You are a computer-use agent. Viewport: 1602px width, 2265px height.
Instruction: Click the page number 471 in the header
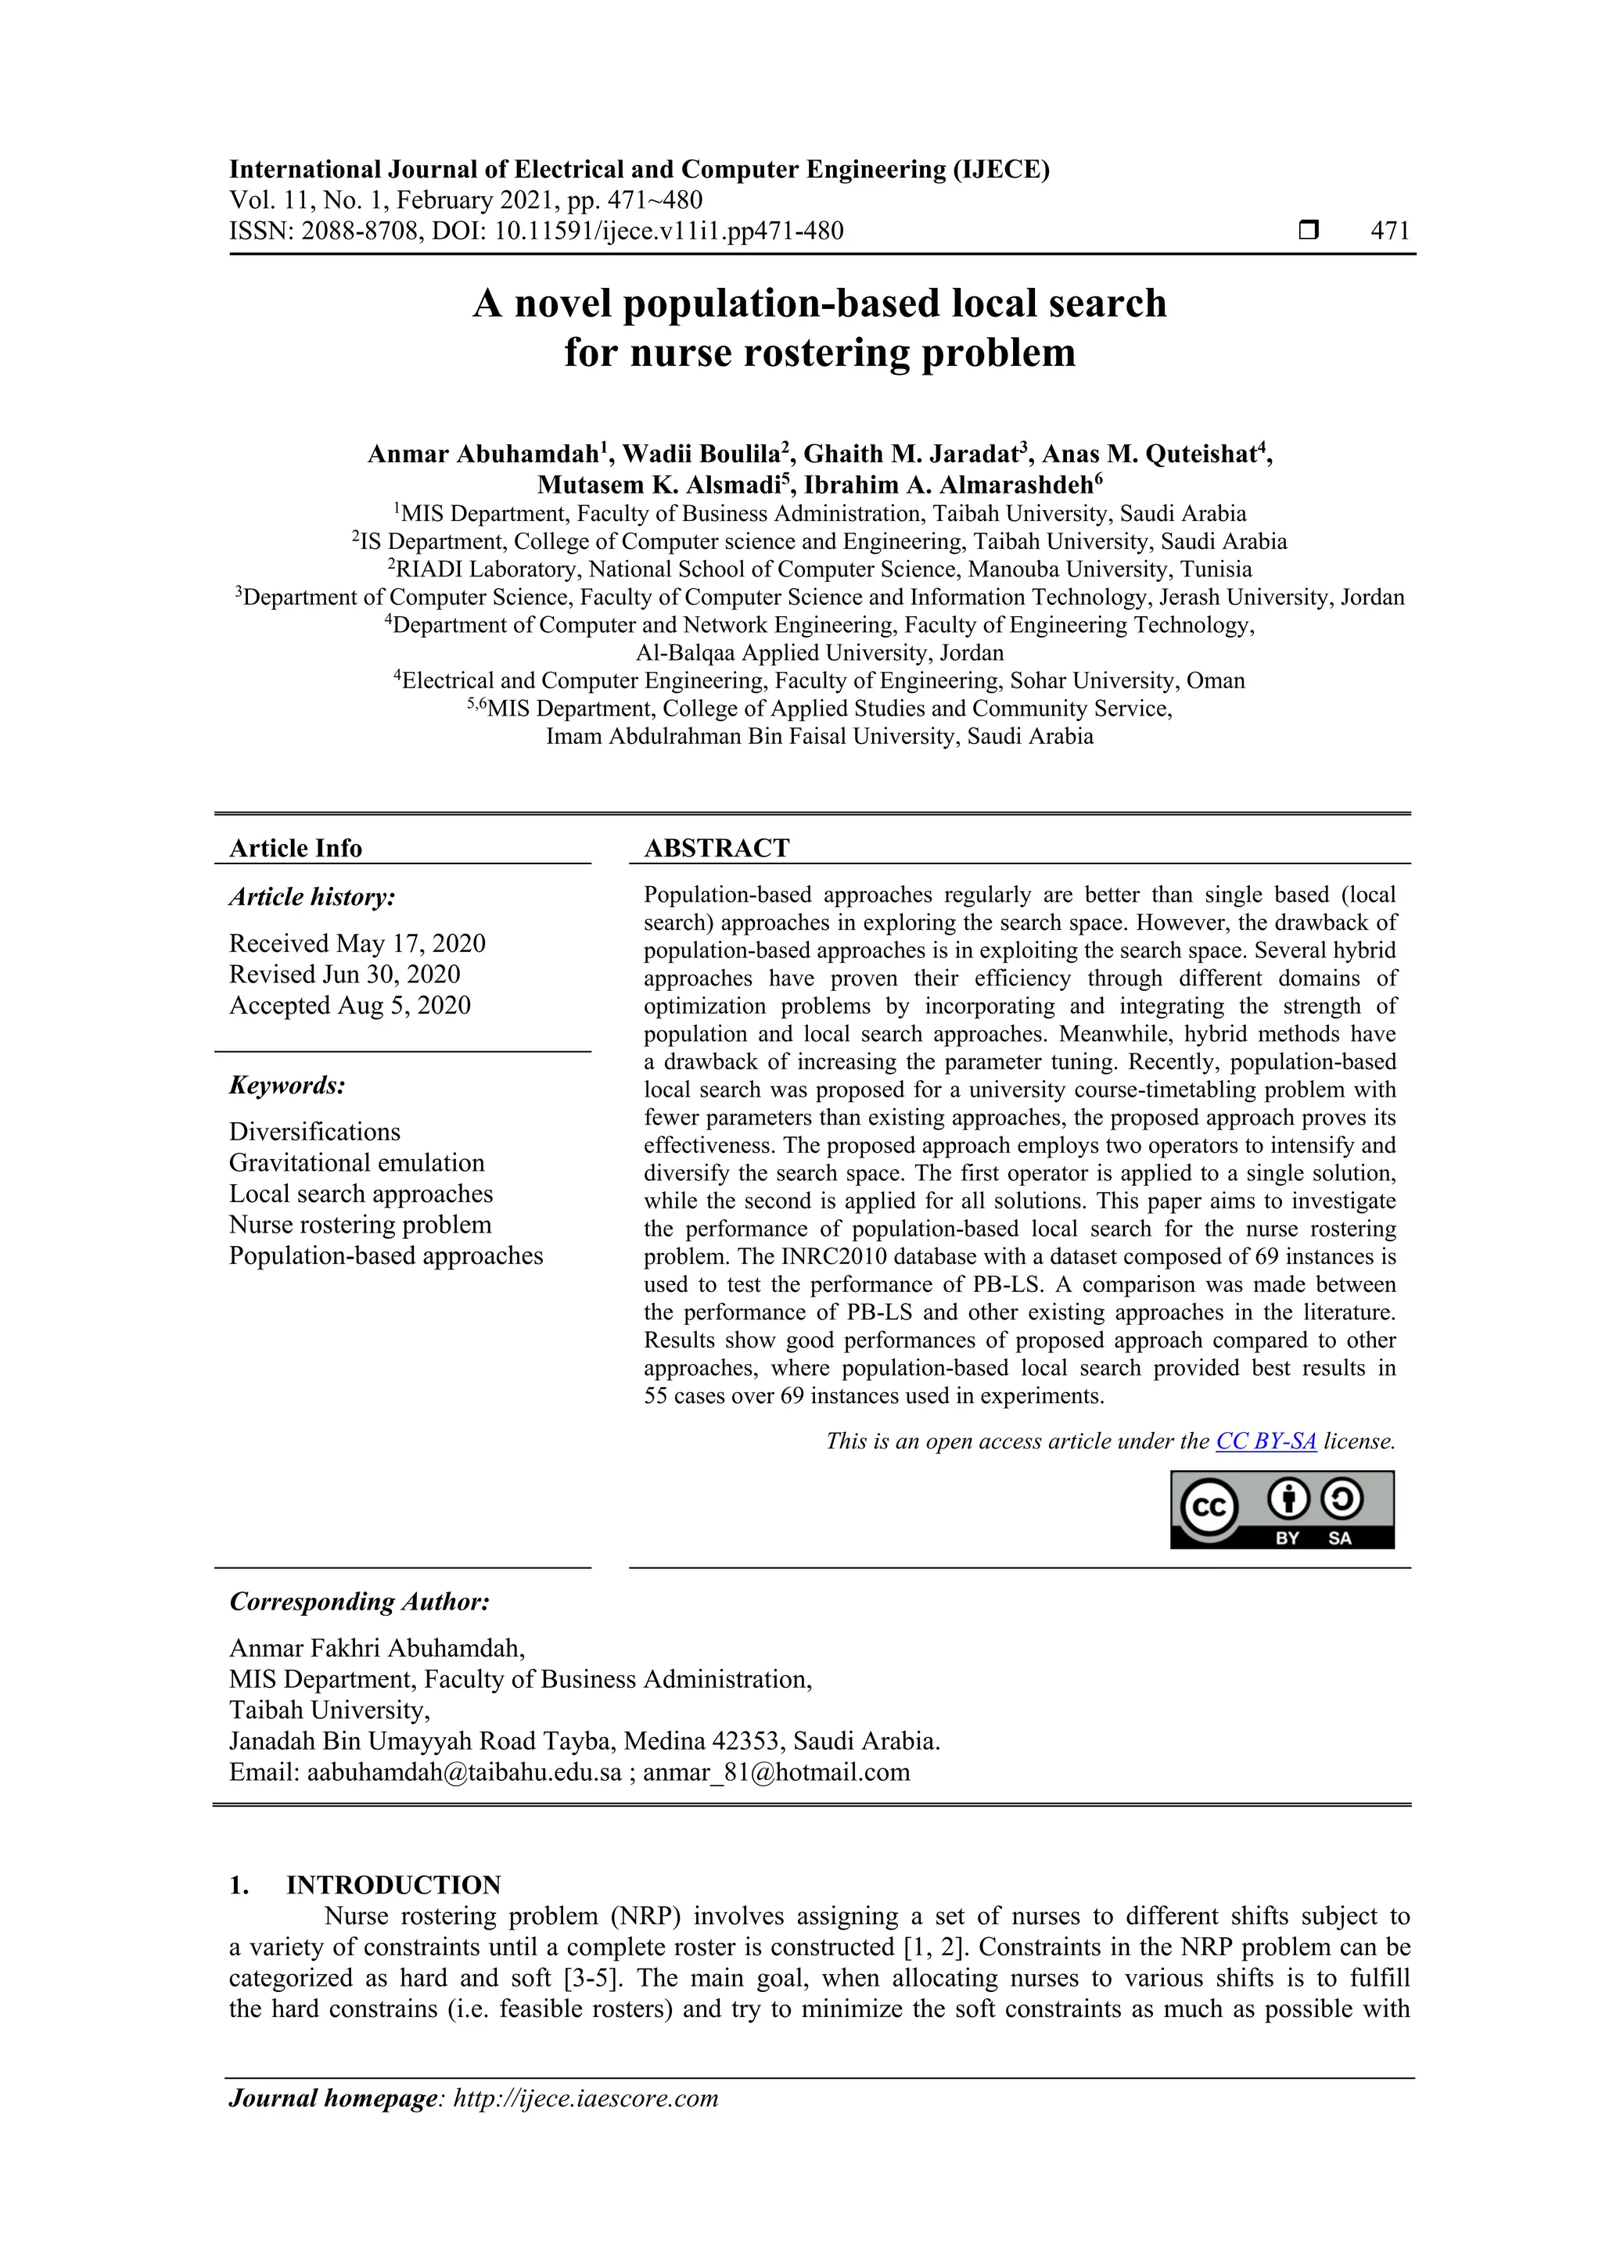[x=1390, y=231]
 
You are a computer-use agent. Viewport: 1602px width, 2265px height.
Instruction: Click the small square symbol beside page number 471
[x=1308, y=231]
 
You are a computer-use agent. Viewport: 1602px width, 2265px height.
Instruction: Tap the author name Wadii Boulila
[x=702, y=454]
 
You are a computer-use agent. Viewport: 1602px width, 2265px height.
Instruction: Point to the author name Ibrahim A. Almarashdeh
[x=948, y=484]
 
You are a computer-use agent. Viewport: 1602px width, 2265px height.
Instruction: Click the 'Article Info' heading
[x=295, y=849]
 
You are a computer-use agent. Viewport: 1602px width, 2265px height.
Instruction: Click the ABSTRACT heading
[x=717, y=849]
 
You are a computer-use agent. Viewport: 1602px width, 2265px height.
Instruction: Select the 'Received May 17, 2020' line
[x=357, y=943]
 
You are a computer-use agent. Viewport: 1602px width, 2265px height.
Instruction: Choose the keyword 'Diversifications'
[x=314, y=1132]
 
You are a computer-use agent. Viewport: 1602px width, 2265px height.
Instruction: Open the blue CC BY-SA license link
[x=1266, y=1441]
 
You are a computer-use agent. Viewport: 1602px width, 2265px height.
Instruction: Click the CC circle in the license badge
[x=1209, y=1507]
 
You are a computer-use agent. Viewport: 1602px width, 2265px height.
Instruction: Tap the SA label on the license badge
[x=1340, y=1538]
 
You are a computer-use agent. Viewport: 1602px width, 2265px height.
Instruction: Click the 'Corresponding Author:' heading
[x=359, y=1602]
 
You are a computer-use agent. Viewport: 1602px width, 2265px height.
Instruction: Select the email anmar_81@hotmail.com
[x=776, y=1773]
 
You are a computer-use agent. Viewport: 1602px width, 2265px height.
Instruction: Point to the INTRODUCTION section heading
[x=393, y=1885]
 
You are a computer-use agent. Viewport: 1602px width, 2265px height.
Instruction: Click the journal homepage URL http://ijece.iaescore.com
[x=585, y=2098]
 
